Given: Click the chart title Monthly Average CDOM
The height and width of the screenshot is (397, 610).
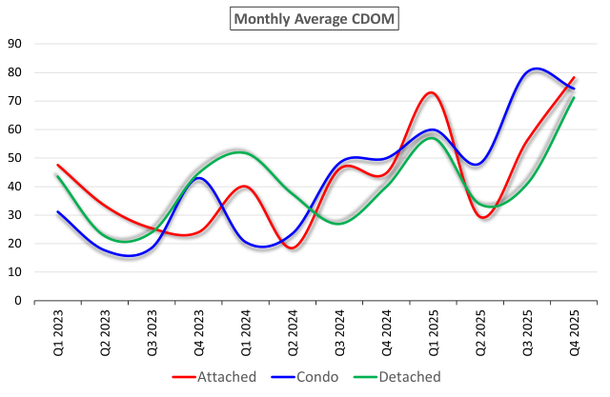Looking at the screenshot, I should tap(306, 17).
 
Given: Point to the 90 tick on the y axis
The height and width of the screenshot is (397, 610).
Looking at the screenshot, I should tap(15, 44).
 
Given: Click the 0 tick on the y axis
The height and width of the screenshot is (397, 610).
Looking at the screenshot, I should tap(18, 301).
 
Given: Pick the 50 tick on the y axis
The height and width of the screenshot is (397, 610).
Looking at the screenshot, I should tap(15, 158).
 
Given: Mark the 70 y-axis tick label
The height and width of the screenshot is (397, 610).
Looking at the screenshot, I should tap(15, 101).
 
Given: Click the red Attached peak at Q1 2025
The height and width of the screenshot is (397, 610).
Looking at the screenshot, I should tap(431, 92).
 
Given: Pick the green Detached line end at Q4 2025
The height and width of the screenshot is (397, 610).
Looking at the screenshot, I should tap(574, 97).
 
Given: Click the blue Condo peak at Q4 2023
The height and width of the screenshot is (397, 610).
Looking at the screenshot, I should tap(197, 178).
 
